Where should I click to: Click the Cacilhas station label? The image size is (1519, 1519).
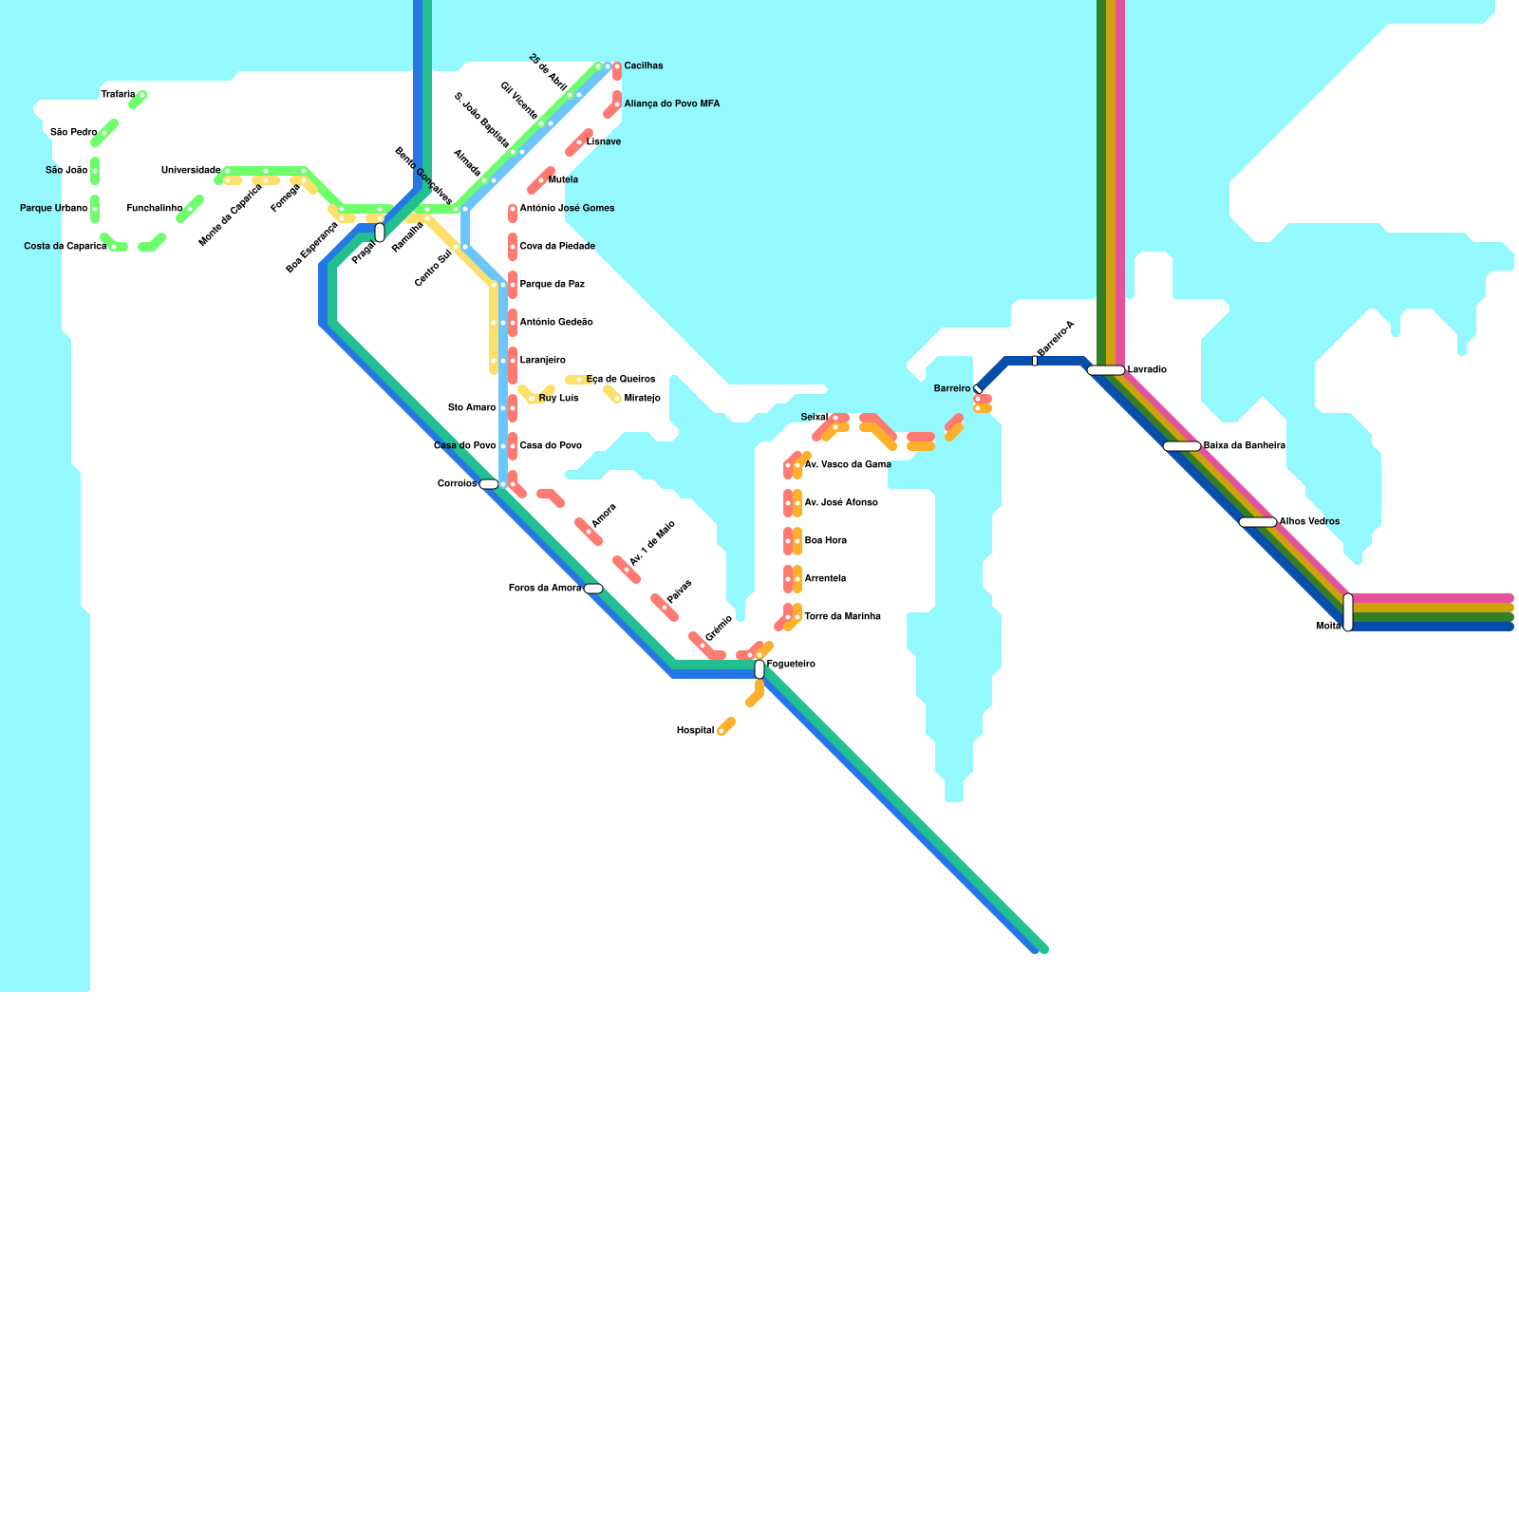pyautogui.click(x=644, y=66)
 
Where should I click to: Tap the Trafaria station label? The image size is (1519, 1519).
pyautogui.click(x=118, y=95)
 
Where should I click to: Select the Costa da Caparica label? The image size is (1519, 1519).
pyautogui.click(x=65, y=247)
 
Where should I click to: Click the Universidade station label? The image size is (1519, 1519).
pyautogui.click(x=191, y=171)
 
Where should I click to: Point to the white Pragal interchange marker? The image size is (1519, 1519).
pyautogui.click(x=380, y=233)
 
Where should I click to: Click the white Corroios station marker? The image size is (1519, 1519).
pyautogui.click(x=489, y=484)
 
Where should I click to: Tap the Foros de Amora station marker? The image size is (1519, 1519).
pyautogui.click(x=593, y=589)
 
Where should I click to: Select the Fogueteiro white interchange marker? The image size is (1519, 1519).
pyautogui.click(x=759, y=669)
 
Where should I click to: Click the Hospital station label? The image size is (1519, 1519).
pyautogui.click(x=695, y=731)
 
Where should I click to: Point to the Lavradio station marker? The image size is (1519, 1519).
pyautogui.click(x=1106, y=370)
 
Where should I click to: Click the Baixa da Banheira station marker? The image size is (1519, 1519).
pyautogui.click(x=1182, y=446)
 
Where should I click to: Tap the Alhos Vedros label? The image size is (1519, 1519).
pyautogui.click(x=1309, y=522)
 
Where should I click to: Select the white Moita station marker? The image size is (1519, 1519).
pyautogui.click(x=1348, y=612)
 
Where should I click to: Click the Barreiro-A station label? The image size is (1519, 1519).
pyautogui.click(x=1056, y=339)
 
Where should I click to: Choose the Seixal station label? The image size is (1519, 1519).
pyautogui.click(x=814, y=418)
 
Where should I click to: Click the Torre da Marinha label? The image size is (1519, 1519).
pyautogui.click(x=842, y=617)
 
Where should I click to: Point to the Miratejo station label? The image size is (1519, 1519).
pyautogui.click(x=642, y=399)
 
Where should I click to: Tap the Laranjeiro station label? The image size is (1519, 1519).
pyautogui.click(x=542, y=361)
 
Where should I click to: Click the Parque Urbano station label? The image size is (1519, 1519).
pyautogui.click(x=54, y=209)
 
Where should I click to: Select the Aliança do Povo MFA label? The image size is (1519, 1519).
pyautogui.click(x=671, y=104)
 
